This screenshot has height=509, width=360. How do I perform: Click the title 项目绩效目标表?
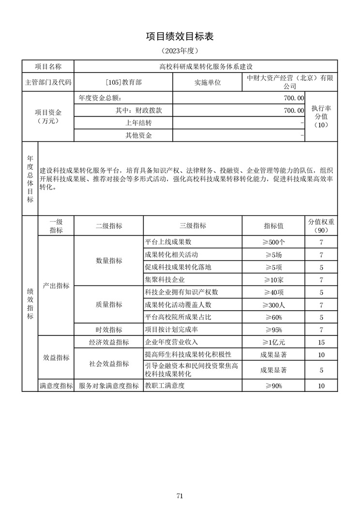[180, 37]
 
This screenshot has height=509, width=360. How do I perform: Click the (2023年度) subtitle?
[180, 51]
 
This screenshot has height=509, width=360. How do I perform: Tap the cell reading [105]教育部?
[123, 82]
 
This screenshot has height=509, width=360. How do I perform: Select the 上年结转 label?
[139, 123]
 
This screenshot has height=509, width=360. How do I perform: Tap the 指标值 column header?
[273, 226]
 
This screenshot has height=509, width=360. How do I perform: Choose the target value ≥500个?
[273, 242]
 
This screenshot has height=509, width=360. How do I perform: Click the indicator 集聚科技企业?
[165, 280]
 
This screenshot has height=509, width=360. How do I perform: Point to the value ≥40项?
[273, 292]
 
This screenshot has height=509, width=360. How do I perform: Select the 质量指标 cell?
[109, 305]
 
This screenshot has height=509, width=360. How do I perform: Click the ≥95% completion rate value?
[273, 330]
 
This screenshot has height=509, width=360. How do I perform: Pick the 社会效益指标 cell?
[109, 364]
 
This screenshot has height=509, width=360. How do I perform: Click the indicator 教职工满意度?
[165, 386]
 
